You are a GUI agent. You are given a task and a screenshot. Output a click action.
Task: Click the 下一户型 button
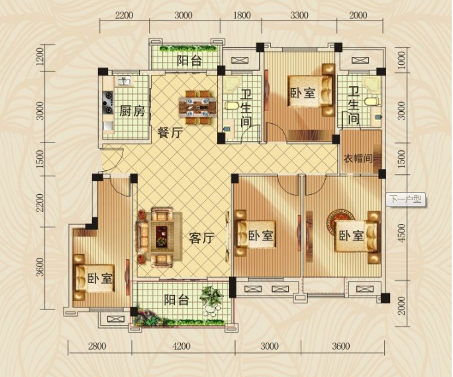click(x=405, y=199)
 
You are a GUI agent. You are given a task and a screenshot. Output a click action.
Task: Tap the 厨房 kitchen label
click(x=132, y=111)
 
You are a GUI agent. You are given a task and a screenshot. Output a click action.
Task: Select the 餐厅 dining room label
click(x=170, y=133)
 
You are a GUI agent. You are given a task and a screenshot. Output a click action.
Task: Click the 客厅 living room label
click(x=201, y=238)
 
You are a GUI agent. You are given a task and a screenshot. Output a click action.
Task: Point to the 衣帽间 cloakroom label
click(x=358, y=158)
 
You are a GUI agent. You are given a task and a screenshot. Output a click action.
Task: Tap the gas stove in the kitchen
click(x=109, y=102)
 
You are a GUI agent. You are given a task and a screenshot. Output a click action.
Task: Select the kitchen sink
click(x=125, y=81)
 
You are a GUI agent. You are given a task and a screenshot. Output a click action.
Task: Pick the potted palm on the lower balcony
click(x=212, y=296)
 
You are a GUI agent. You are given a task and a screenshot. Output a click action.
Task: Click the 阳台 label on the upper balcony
click(x=189, y=61)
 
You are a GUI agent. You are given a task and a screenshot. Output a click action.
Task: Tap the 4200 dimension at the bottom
click(x=181, y=346)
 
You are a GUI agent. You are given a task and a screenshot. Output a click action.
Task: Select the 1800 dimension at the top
click(x=242, y=15)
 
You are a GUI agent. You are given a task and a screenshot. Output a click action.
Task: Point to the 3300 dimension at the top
click(x=299, y=15)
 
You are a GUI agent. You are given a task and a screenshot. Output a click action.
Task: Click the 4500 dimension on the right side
click(x=402, y=232)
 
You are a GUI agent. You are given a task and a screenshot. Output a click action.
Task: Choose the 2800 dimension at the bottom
click(x=97, y=346)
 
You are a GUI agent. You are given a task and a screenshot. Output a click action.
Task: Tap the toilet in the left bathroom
click(x=231, y=105)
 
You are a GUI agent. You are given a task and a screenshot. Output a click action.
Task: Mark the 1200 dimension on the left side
click(x=40, y=57)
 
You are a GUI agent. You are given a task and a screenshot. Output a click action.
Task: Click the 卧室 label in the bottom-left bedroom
click(x=99, y=279)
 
